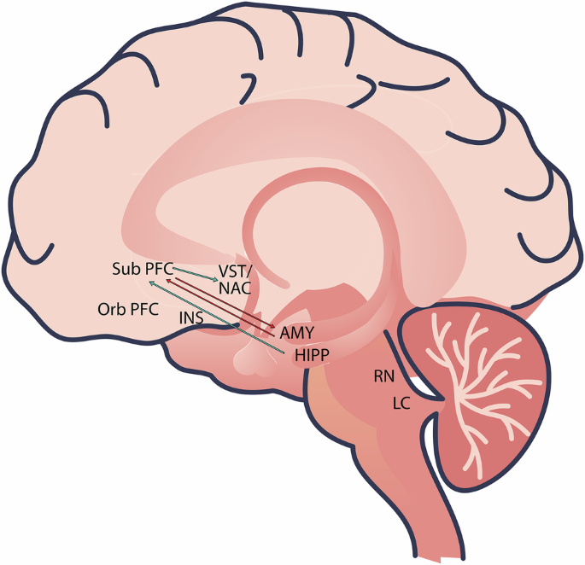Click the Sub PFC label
click(142, 269)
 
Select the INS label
click(192, 317)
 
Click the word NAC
click(235, 288)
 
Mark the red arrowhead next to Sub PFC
click(168, 279)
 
